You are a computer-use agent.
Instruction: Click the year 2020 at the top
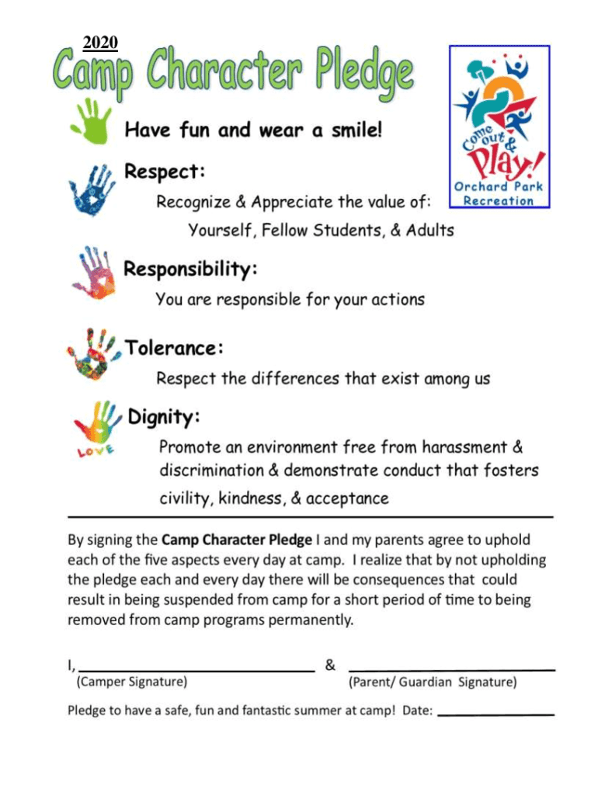point(99,43)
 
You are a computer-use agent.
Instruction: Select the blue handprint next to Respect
point(92,189)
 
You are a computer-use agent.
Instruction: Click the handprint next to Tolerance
point(93,354)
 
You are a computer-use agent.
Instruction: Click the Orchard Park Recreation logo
point(499,127)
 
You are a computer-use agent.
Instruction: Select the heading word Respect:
point(165,171)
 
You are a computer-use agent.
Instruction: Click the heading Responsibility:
point(191,270)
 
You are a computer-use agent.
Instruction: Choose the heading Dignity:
point(164,417)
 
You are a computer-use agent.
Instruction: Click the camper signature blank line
point(196,668)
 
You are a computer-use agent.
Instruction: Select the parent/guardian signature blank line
point(452,668)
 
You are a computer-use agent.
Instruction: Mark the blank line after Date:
point(496,713)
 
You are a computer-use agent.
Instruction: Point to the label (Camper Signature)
point(131,682)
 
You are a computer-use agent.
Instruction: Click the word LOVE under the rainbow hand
point(96,450)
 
